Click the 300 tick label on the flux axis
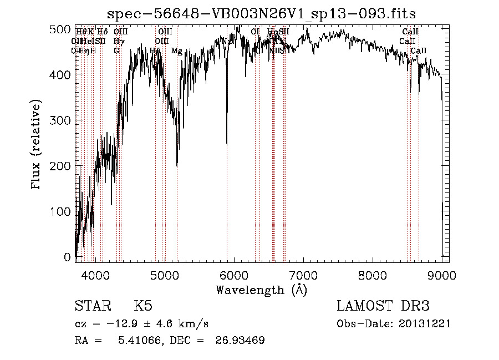[63, 120]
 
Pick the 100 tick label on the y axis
[63, 212]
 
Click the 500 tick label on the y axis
[63, 29]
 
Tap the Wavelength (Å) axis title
[261, 290]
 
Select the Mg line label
[177, 51]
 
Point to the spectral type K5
[143, 307]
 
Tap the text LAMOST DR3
[383, 307]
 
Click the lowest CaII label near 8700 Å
[419, 51]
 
